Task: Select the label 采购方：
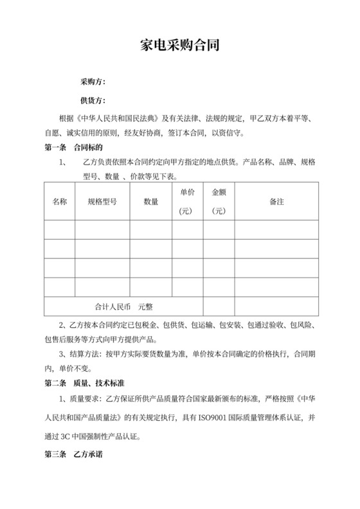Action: point(93,82)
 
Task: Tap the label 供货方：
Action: point(93,100)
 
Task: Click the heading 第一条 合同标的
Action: point(69,147)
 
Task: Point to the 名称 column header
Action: point(60,202)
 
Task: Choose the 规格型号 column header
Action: point(102,202)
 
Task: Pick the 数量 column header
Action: point(151,202)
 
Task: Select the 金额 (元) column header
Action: point(219,201)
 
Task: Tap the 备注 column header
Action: point(277,202)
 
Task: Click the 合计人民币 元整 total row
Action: point(123,306)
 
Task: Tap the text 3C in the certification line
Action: point(64,434)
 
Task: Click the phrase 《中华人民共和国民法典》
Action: point(117,118)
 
